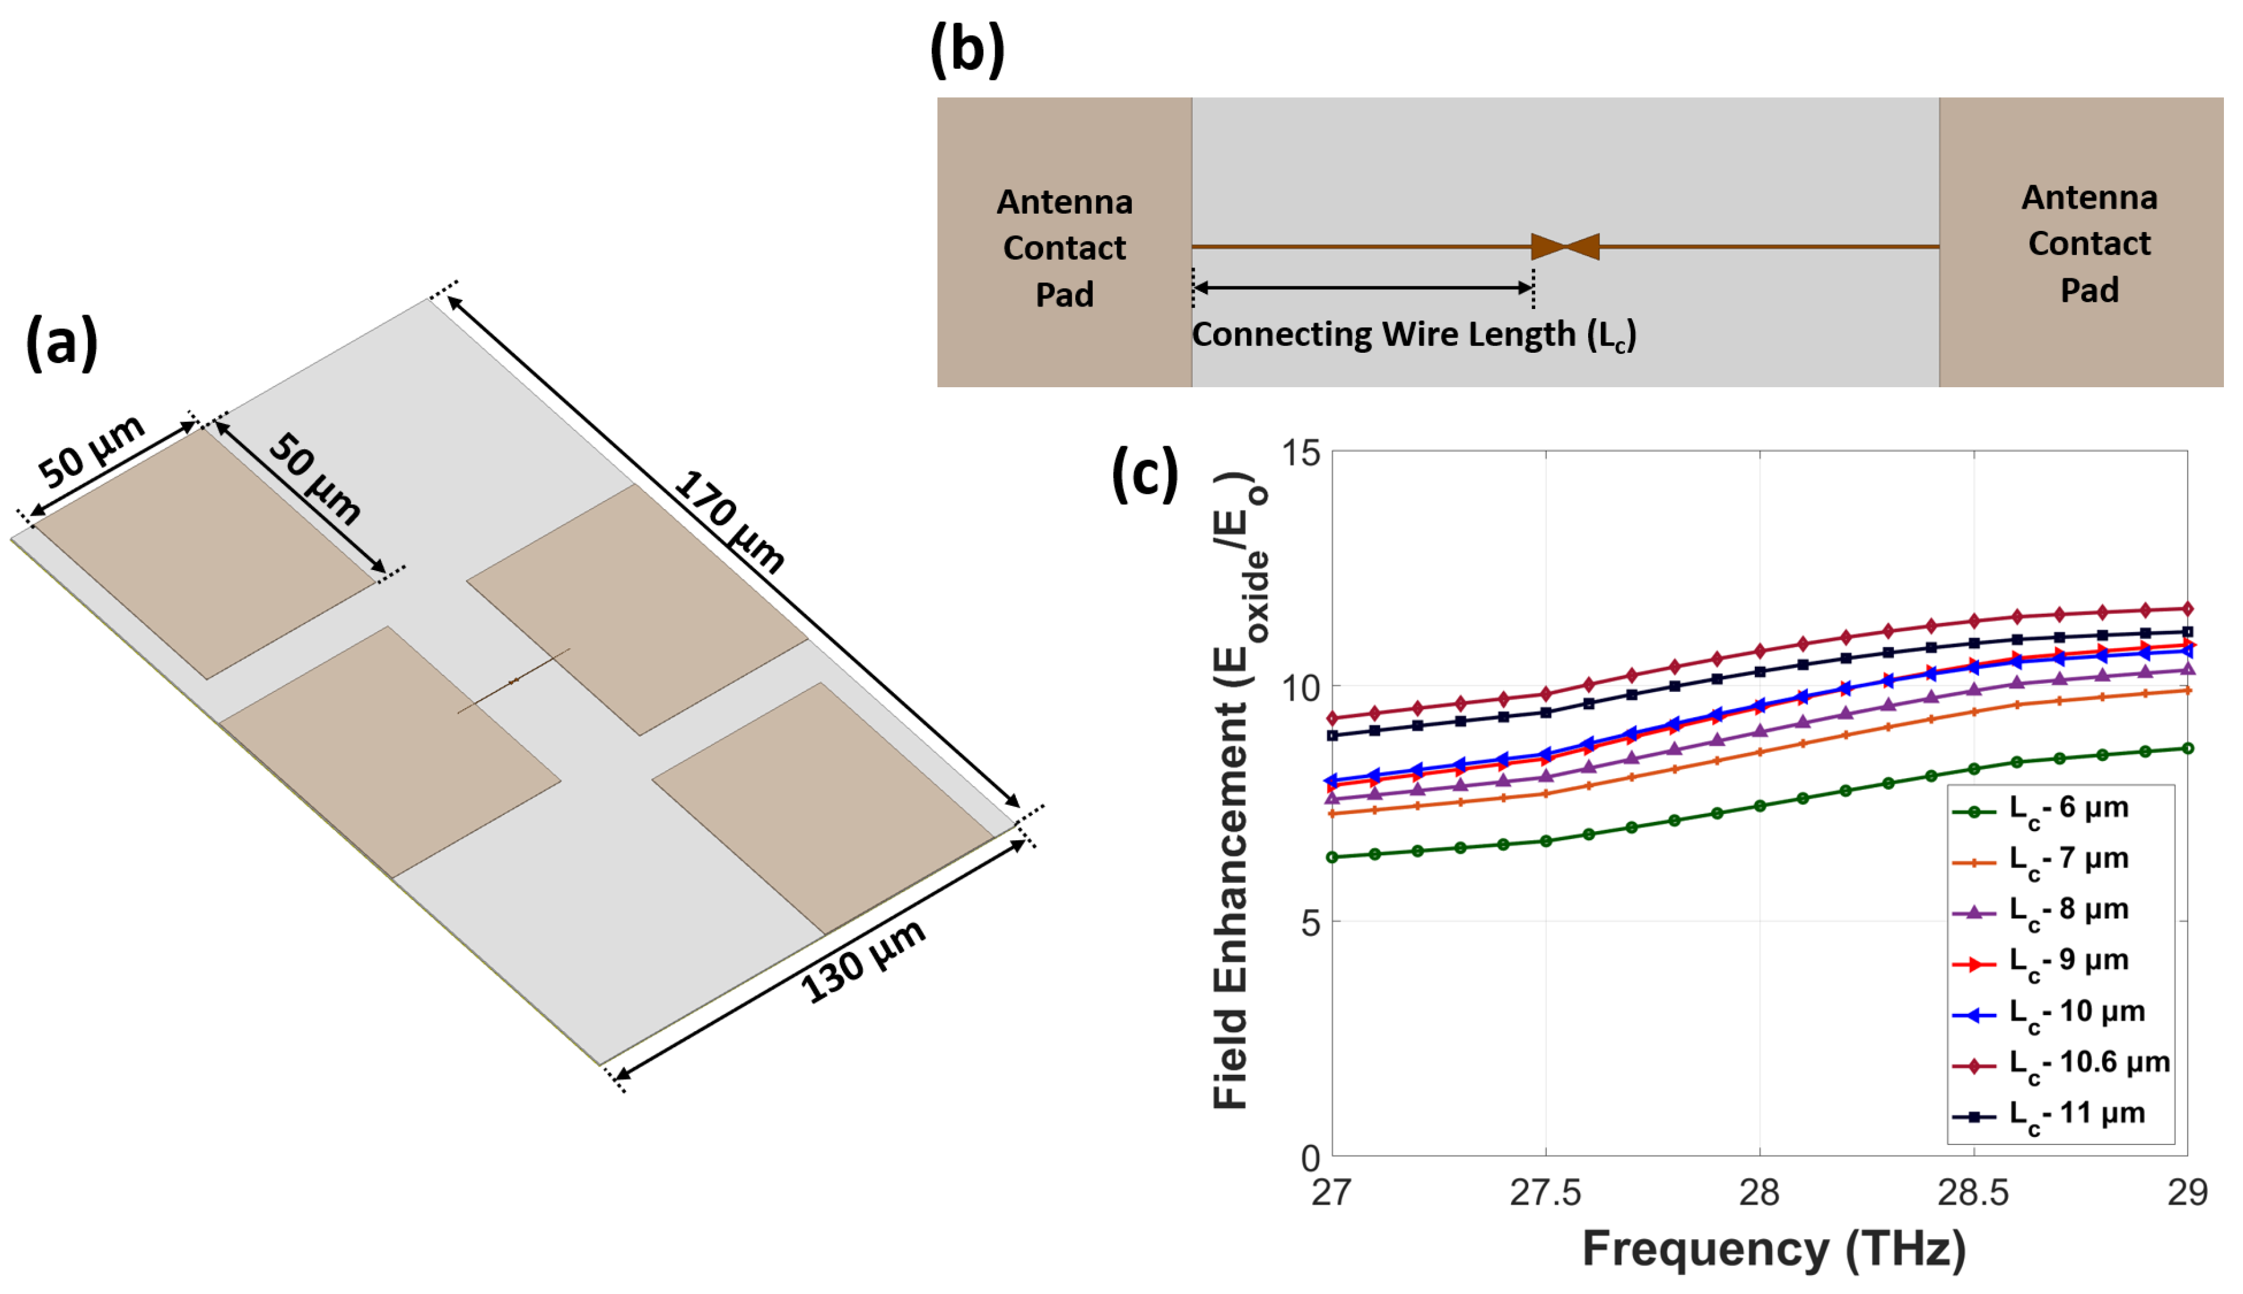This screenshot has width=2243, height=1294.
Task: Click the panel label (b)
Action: [967, 50]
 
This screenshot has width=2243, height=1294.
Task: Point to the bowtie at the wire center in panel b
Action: [1565, 246]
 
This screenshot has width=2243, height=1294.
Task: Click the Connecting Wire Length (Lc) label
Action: [1413, 335]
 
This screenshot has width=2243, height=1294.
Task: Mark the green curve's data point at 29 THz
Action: [2187, 749]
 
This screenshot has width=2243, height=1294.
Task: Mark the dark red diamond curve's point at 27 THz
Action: [1331, 718]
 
